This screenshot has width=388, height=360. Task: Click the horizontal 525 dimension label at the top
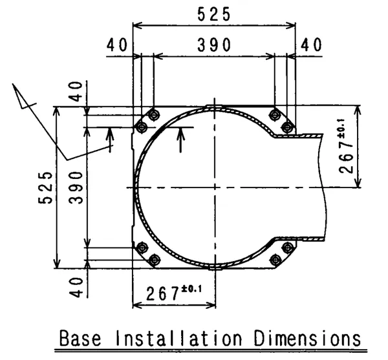[x=214, y=14]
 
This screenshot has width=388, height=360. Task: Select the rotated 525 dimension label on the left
[x=45, y=187]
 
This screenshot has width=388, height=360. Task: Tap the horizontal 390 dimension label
[x=214, y=45]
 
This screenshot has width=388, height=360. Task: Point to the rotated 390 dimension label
[x=76, y=187]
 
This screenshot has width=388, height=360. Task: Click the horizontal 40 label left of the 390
[x=117, y=45]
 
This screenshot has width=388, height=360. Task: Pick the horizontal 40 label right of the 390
[x=311, y=45]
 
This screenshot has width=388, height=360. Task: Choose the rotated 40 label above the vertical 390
[x=76, y=92]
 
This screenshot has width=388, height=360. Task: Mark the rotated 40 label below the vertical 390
[x=76, y=288]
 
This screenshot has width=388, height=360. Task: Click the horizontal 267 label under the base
[x=162, y=293]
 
